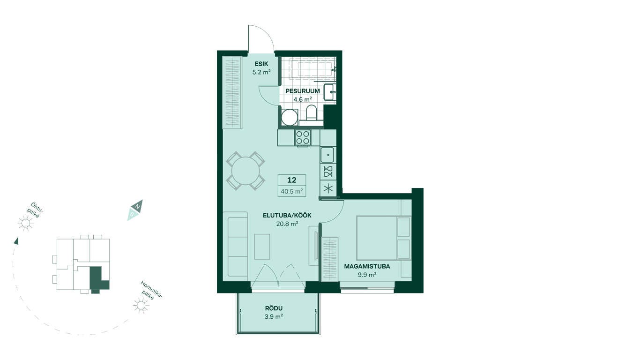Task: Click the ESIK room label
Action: coord(261,64)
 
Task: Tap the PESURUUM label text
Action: coord(303,91)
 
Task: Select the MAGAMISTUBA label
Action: coord(367,267)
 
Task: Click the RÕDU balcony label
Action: coord(274,308)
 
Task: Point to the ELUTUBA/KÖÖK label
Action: coord(287,216)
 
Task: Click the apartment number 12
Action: coord(292,180)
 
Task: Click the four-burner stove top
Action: coord(303,137)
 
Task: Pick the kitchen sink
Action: coord(327,155)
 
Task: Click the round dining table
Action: coord(246,171)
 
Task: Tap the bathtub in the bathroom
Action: coord(313,69)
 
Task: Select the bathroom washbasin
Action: coord(330,92)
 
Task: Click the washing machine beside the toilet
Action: coord(290,117)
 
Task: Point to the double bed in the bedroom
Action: coord(383,238)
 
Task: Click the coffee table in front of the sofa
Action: coord(262,247)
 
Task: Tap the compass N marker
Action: coord(137,206)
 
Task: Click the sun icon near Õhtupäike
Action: coord(25,223)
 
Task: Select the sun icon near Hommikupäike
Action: coord(141,305)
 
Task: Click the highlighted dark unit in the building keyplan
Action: coord(97,278)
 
